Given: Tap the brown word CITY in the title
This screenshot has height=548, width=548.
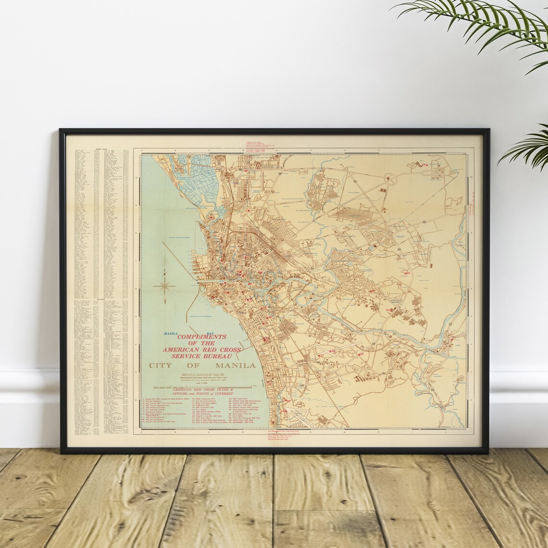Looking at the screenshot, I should point(161,366).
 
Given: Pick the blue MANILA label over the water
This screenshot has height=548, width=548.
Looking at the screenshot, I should point(171,333).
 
